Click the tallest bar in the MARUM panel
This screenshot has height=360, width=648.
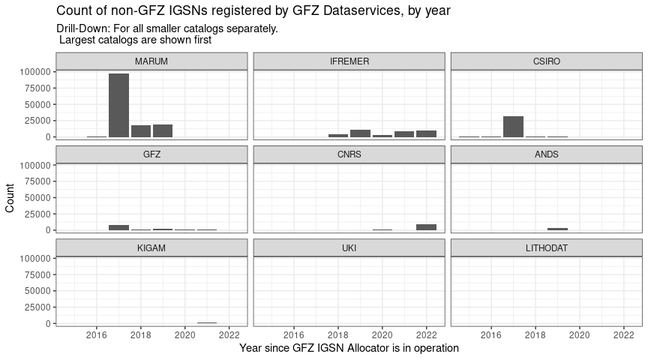pyautogui.click(x=118, y=105)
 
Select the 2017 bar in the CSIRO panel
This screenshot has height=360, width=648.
pyautogui.click(x=513, y=127)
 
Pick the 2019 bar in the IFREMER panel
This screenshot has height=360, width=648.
pyautogui.click(x=360, y=133)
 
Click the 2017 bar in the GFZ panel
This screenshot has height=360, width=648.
pyautogui.click(x=118, y=227)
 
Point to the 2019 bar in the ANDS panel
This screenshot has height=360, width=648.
pyautogui.click(x=557, y=229)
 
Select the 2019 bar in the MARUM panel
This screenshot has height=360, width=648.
pyautogui.click(x=163, y=130)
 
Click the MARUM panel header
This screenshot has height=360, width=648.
pyautogui.click(x=151, y=61)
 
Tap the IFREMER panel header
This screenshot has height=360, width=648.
pyautogui.click(x=349, y=61)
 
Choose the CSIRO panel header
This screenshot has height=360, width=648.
pyautogui.click(x=547, y=61)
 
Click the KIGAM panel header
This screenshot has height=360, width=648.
pyautogui.click(x=151, y=247)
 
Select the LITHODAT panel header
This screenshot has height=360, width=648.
pyautogui.click(x=547, y=247)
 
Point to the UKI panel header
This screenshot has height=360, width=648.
pyautogui.click(x=349, y=247)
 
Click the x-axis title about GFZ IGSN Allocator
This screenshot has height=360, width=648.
pyautogui.click(x=349, y=349)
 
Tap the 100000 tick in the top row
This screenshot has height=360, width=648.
pyautogui.click(x=37, y=71)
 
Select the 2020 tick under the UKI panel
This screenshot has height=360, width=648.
pyautogui.click(x=382, y=334)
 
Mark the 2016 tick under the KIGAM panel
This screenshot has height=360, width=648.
pyautogui.click(x=97, y=334)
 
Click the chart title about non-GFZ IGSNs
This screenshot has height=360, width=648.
pyautogui.click(x=253, y=11)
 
